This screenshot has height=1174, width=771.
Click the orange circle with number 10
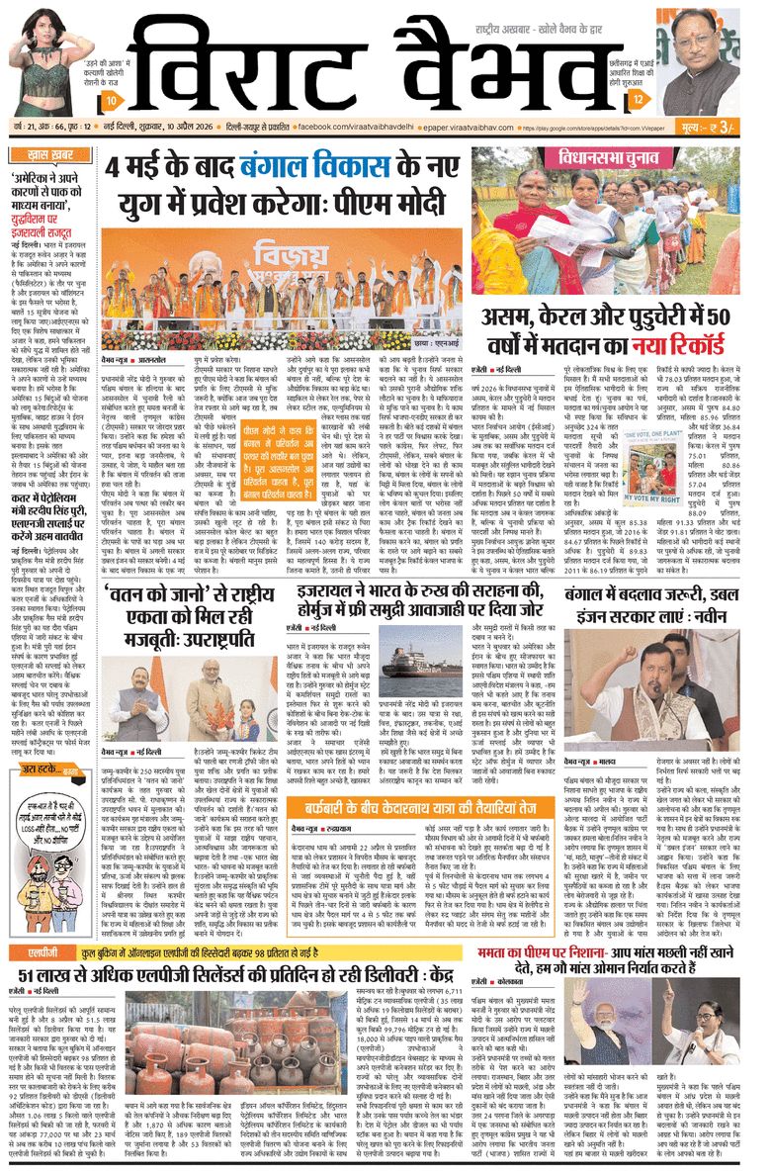coord(115,102)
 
